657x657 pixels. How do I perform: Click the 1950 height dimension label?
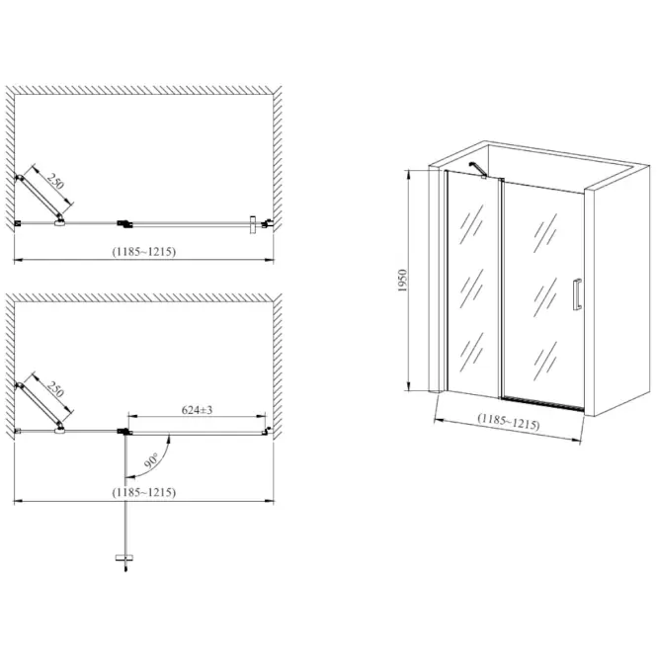pos(402,281)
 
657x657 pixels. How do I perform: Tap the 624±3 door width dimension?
pos(197,410)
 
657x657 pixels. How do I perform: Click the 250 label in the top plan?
pos(55,181)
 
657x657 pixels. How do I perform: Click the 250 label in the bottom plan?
pos(55,389)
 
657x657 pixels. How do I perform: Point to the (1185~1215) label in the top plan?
pos(143,251)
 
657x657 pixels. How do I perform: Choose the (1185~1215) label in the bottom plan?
pos(143,492)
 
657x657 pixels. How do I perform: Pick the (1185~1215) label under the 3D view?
pos(509,422)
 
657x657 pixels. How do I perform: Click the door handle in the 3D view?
pos(577,294)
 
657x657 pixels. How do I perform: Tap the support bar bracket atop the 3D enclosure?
pos(477,170)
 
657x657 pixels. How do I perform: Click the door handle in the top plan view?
pos(253,225)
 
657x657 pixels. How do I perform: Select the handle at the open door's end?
pos(124,557)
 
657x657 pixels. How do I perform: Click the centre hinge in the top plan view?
pos(124,224)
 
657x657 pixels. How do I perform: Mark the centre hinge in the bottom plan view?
pos(124,432)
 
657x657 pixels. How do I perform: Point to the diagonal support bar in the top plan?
pos(40,198)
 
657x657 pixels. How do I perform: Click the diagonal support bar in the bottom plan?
pos(40,406)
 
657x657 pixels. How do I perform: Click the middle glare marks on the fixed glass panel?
pos(471,288)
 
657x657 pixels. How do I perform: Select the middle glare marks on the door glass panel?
pos(545,297)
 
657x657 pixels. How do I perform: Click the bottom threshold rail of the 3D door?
pos(543,403)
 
